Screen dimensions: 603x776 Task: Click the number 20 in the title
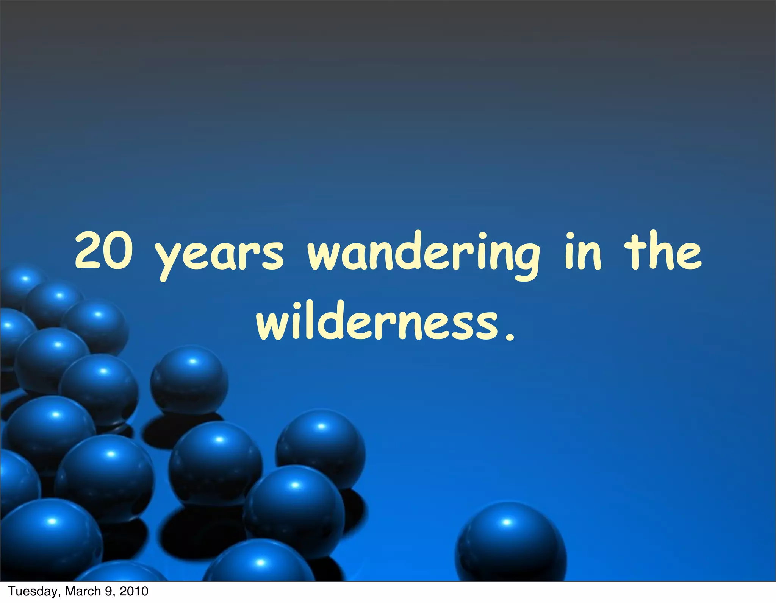pyautogui.click(x=103, y=251)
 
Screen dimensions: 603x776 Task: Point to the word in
pyautogui.click(x=582, y=251)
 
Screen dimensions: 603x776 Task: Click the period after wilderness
pyautogui.click(x=510, y=336)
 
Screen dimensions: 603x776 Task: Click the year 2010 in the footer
pyautogui.click(x=134, y=591)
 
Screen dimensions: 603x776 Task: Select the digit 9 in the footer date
pyautogui.click(x=109, y=591)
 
